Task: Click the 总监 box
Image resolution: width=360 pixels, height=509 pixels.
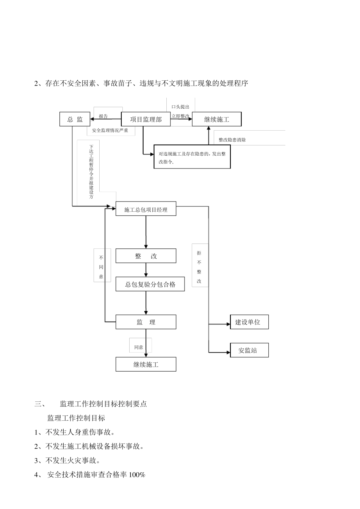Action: pyautogui.click(x=75, y=119)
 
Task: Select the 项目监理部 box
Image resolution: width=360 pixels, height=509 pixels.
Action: pyautogui.click(x=146, y=119)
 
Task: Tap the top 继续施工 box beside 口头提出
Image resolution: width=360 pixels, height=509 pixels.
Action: pyautogui.click(x=216, y=119)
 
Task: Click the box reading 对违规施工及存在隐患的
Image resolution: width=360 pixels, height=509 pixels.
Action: pyautogui.click(x=192, y=158)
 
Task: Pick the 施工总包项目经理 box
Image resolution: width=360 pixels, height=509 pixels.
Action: pyautogui.click(x=146, y=209)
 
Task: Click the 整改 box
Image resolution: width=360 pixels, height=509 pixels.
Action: pyautogui.click(x=146, y=256)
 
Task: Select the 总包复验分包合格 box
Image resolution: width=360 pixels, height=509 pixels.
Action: pyautogui.click(x=150, y=284)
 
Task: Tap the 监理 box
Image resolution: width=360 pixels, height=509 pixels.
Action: pyautogui.click(x=146, y=322)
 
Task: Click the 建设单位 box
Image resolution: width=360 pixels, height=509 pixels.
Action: pyautogui.click(x=249, y=322)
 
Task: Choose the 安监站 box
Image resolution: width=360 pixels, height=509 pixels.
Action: pyautogui.click(x=249, y=350)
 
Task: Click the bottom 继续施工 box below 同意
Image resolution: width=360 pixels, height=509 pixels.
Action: pyautogui.click(x=146, y=365)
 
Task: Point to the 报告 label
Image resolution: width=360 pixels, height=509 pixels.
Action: pyautogui.click(x=103, y=116)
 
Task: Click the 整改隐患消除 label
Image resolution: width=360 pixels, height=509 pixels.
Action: pyautogui.click(x=232, y=140)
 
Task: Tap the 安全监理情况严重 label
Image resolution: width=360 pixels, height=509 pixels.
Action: pyautogui.click(x=110, y=130)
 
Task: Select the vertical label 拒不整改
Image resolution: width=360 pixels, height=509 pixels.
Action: pyautogui.click(x=199, y=267)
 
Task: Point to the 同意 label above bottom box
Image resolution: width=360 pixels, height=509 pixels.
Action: pyautogui.click(x=139, y=347)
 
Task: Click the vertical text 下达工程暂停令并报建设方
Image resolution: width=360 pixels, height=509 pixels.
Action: pyautogui.click(x=91, y=172)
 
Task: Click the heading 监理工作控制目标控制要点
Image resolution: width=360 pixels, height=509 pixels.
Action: pyautogui.click(x=103, y=404)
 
